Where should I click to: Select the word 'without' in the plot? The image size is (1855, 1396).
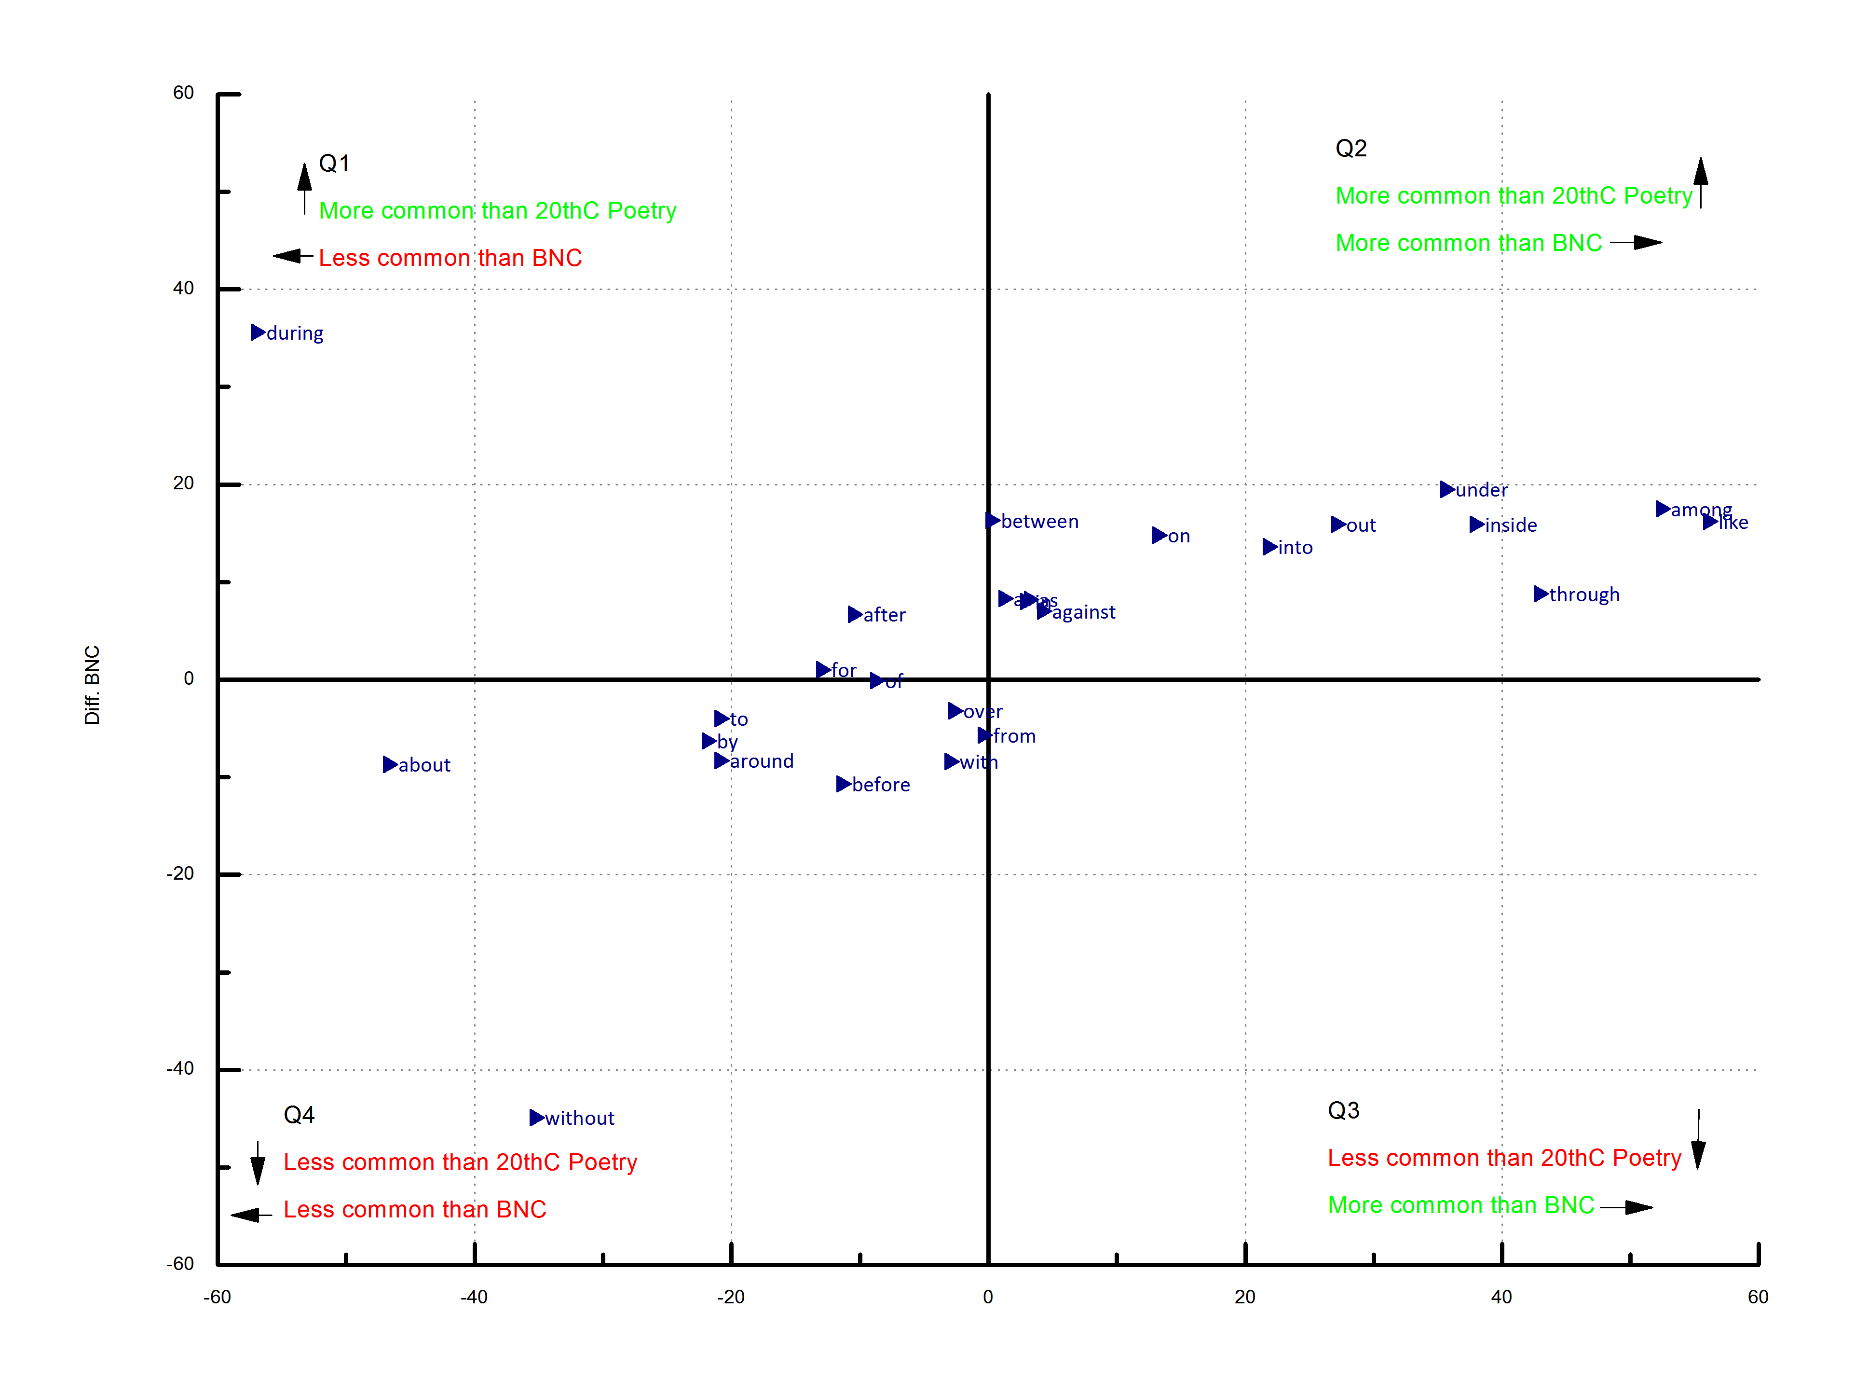[579, 1119]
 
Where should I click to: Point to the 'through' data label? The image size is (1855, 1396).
[1584, 595]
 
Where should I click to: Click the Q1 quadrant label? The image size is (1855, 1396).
[334, 164]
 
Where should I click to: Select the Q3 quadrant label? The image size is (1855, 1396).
[1343, 1111]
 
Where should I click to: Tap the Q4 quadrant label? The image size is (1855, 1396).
[299, 1115]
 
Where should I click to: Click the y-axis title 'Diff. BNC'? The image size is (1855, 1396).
[92, 685]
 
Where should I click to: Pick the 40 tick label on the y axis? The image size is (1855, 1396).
[183, 289]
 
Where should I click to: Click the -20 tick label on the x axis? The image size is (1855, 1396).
[730, 1297]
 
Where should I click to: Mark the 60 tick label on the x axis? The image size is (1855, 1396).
[1758, 1297]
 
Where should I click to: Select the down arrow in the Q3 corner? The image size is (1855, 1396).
[1698, 1141]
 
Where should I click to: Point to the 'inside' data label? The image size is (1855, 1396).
[1510, 525]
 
